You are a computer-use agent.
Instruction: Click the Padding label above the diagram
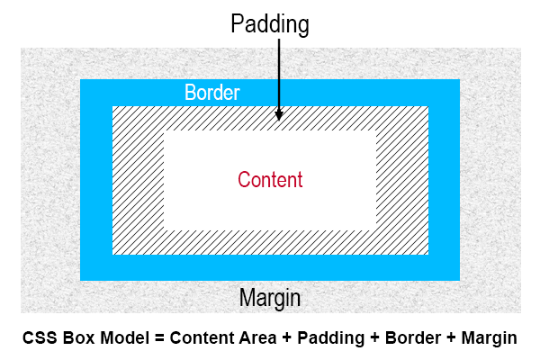pyautogui.click(x=270, y=23)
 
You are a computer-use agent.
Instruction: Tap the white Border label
pyautogui.click(x=212, y=93)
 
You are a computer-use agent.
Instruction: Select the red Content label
pyautogui.click(x=270, y=179)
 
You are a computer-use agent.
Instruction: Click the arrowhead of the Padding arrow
pyautogui.click(x=279, y=115)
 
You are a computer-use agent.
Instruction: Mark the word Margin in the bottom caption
pyautogui.click(x=488, y=339)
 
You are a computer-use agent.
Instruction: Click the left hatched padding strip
pyautogui.click(x=138, y=180)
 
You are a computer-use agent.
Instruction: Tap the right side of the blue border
pyautogui.click(x=444, y=180)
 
